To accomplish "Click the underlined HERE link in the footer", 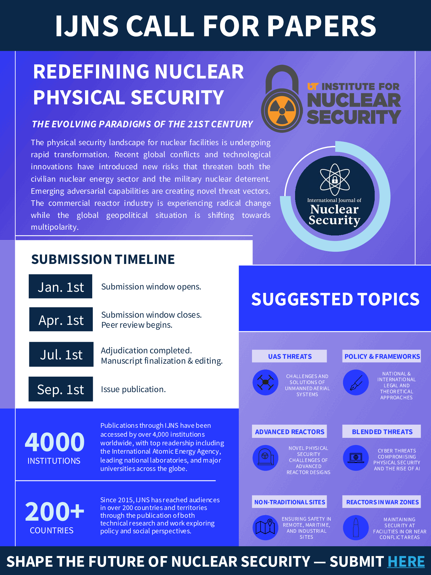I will pos(406,561).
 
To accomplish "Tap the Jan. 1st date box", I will pos(60,286).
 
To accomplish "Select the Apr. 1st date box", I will pos(61,319).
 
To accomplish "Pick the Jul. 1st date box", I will pos(61,354).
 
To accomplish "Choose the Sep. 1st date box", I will pos(61,389).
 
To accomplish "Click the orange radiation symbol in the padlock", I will pos(282,111).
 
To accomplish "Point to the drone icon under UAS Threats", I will pos(265,382).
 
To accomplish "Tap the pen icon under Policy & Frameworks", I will pos(356,382).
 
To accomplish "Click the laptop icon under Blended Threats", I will pos(356,458).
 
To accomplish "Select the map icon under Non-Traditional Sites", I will pos(265,527).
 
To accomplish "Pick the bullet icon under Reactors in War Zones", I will pos(356,527).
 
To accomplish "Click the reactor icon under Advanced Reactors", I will pos(265,458).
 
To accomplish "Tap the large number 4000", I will pos(55,442).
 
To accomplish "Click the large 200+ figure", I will pos(55,512).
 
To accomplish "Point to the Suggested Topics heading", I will pos(335,299).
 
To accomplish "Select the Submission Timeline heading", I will pos(103,259).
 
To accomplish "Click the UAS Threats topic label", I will pos(290,356).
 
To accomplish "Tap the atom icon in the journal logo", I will pos(335,179).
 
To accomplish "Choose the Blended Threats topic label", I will pos(382,432).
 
